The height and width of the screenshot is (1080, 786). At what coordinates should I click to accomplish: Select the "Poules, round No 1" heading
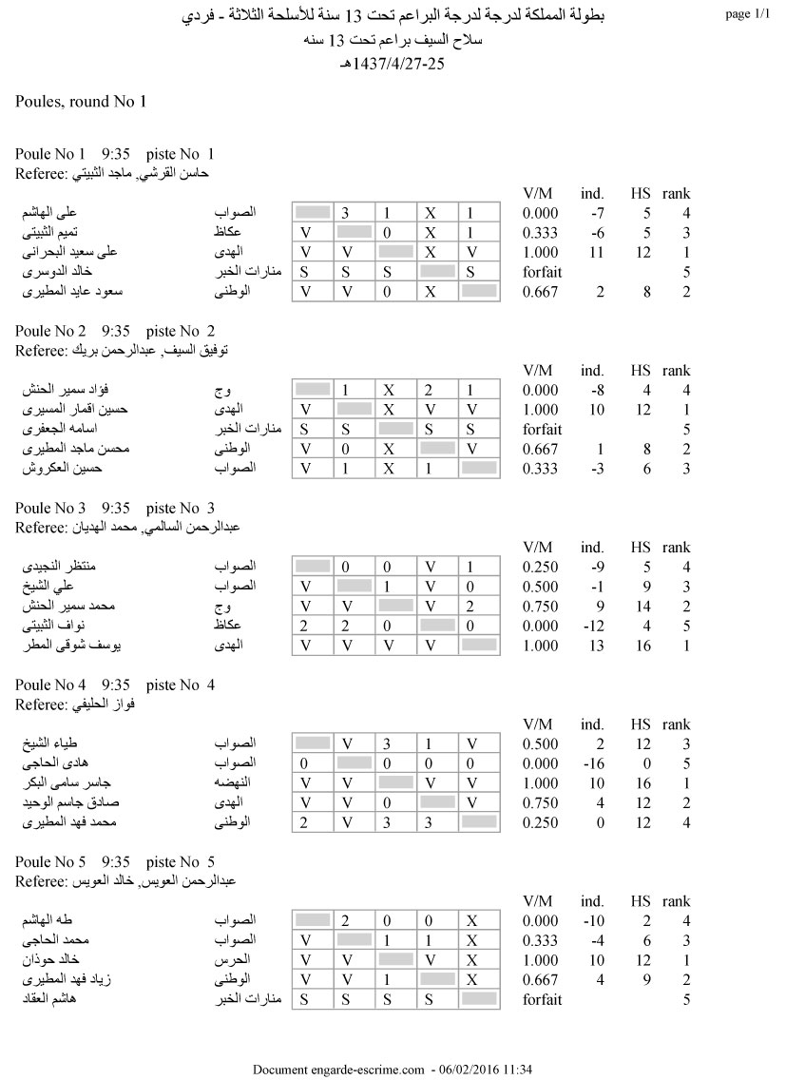[81, 101]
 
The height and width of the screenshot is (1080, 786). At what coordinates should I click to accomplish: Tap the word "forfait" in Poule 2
[543, 429]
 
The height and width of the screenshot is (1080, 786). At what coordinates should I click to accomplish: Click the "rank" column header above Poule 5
[677, 901]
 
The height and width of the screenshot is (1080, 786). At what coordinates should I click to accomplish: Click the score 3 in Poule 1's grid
[347, 213]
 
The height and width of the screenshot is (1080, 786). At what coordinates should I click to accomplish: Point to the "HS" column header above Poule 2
[641, 371]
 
